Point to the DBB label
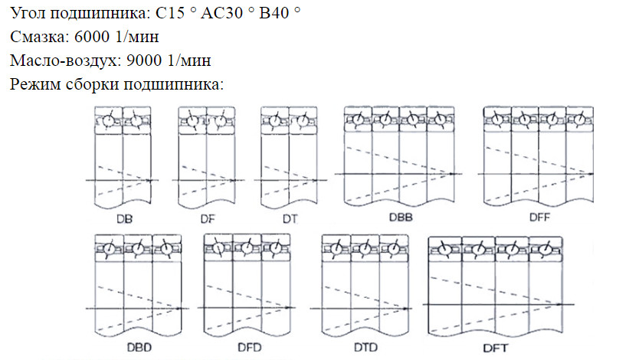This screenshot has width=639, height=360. pos(399,218)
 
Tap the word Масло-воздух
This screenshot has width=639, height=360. pos(64,60)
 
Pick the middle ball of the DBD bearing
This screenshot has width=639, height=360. pos(138,250)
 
